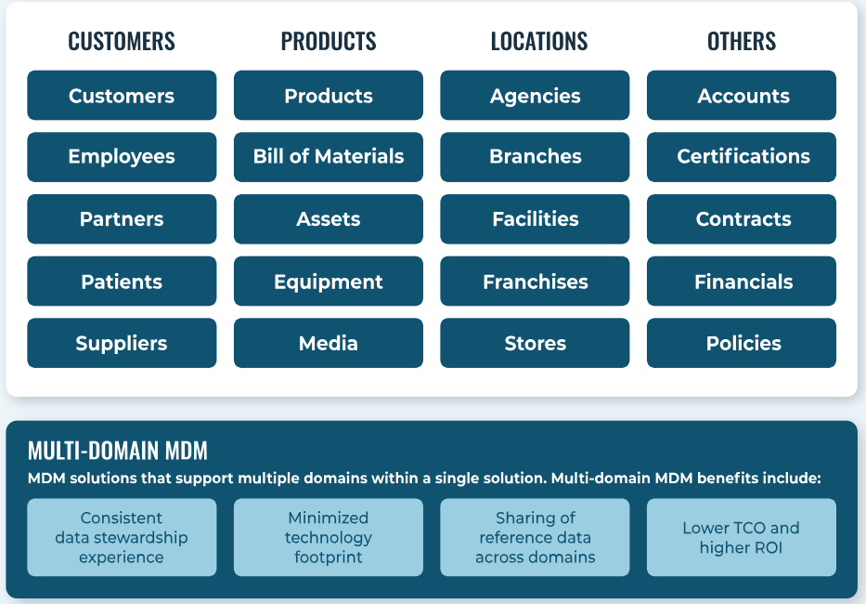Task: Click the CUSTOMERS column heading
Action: [x=122, y=42]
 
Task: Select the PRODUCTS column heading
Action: [x=329, y=42]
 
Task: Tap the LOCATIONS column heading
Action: [x=539, y=42]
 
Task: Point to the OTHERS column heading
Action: [x=742, y=42]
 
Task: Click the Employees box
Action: [x=122, y=157]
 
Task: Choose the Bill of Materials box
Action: [x=329, y=157]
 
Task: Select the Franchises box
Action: [x=535, y=281]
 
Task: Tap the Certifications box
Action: [x=742, y=157]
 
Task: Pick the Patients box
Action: [x=122, y=281]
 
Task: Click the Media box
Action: [x=329, y=343]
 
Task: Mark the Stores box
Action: [x=535, y=343]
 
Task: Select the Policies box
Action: [x=742, y=343]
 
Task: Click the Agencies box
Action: [x=535, y=95]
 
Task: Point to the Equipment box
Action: [x=329, y=281]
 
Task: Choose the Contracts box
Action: [x=742, y=219]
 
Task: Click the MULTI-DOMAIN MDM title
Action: [x=118, y=451]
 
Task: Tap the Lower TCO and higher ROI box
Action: [x=742, y=538]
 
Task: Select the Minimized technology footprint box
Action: [x=329, y=538]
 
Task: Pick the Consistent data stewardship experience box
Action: [x=122, y=538]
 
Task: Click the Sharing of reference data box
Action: [x=535, y=538]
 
